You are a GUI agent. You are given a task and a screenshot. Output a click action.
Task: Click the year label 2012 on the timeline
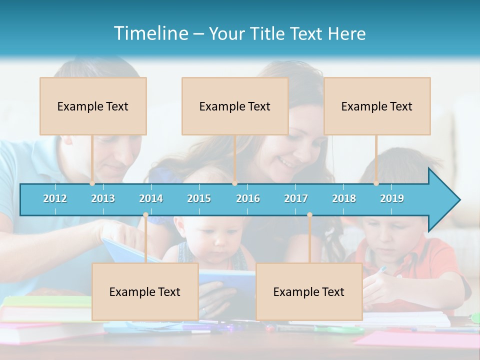pos(55,198)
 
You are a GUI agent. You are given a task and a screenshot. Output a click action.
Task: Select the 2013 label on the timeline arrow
pos(103,198)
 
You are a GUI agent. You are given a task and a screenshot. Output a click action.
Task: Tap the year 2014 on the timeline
pos(151,198)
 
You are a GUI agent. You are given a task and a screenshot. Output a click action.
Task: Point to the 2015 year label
pos(199,198)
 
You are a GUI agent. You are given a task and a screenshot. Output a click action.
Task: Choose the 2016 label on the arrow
pos(248,198)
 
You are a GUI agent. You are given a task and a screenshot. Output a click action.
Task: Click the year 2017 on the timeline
pos(296,198)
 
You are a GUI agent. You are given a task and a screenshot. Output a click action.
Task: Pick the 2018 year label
pos(344,198)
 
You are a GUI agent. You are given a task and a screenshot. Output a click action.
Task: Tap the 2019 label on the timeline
pos(392,198)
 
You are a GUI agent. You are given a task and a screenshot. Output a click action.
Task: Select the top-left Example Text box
pos(93,106)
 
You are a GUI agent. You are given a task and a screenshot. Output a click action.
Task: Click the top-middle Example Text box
pos(235,106)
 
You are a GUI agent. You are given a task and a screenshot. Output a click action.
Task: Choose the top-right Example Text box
pos(377,106)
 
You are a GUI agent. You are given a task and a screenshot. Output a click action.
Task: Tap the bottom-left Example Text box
pos(145,292)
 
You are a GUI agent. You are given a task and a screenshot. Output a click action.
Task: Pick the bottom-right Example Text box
pos(309,292)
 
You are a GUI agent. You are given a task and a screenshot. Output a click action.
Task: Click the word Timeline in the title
pos(150,33)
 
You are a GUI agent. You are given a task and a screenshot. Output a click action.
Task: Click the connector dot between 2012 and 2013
pos(92,183)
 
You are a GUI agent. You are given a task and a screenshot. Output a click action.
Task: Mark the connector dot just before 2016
pos(235,183)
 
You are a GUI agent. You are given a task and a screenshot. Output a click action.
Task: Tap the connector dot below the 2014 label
pos(145,214)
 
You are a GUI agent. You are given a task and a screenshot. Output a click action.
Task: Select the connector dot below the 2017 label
pos(309,214)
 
